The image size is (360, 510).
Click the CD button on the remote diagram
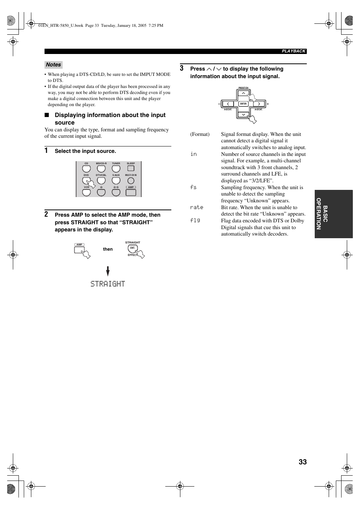pos(86,169)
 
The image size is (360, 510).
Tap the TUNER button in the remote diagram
pos(116,169)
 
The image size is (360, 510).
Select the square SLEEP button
pos(131,169)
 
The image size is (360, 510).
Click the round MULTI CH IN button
pos(131,180)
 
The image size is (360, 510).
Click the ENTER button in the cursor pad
pos(243,104)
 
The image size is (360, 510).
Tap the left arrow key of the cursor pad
pos(228,104)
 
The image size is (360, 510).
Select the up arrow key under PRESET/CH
pos(243,93)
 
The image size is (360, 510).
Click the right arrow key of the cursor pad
pos(259,104)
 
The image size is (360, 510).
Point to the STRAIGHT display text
pos(108,284)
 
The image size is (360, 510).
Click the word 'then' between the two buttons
pos(108,249)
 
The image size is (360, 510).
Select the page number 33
pos(303,462)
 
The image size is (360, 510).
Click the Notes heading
pos(53,65)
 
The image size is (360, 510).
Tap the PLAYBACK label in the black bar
pos(294,51)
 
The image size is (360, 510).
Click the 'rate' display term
pos(197,207)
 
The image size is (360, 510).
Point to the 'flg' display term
pos(195,220)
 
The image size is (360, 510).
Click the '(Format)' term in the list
pos(200,134)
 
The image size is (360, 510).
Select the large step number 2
pos(46,214)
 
